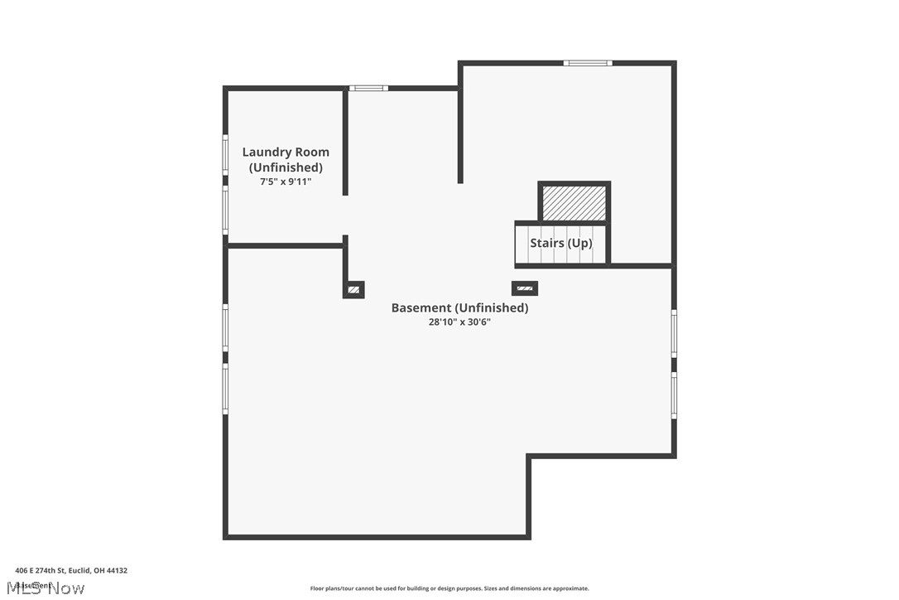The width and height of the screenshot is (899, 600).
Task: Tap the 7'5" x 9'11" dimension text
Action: (286, 181)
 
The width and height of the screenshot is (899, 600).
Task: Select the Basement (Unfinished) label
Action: (459, 307)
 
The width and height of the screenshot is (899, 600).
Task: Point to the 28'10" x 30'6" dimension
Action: (459, 322)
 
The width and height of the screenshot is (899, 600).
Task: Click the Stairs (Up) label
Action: (561, 243)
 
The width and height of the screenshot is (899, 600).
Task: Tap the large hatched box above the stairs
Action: (574, 203)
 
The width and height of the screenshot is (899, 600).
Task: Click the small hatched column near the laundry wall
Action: (353, 289)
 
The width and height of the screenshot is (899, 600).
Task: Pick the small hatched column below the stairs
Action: (525, 288)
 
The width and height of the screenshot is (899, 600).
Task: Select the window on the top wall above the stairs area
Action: (588, 63)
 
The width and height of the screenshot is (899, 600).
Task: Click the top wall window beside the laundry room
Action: (368, 88)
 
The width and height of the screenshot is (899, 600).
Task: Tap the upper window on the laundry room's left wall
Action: (225, 155)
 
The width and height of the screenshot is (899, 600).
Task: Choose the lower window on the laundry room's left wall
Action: (225, 210)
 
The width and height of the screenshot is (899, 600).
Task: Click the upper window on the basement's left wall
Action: (225, 328)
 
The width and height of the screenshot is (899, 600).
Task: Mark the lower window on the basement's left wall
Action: (225, 389)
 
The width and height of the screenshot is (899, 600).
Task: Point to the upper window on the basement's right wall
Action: (674, 334)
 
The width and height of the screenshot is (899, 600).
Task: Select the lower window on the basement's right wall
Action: (674, 395)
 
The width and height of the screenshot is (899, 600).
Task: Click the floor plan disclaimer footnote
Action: (449, 588)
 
